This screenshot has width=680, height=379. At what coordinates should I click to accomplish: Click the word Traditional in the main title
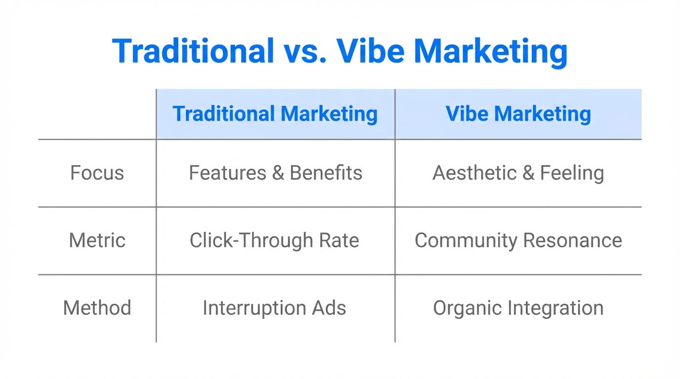(193, 50)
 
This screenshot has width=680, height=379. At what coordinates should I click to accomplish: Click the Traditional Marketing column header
(275, 114)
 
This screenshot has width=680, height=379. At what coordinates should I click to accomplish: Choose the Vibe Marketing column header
(518, 114)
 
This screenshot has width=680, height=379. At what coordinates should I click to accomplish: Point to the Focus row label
(97, 173)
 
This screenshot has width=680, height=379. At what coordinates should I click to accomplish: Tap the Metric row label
(97, 240)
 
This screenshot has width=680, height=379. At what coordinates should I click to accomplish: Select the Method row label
(97, 308)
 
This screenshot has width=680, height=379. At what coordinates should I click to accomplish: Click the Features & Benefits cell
(275, 173)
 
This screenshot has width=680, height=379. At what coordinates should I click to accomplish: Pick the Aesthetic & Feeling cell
(518, 173)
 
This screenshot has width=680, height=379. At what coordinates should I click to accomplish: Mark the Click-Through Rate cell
(274, 240)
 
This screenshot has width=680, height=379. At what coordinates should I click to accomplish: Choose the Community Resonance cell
(518, 240)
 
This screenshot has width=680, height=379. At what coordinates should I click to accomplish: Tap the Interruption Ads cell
(274, 308)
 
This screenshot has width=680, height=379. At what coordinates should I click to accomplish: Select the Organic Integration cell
(518, 308)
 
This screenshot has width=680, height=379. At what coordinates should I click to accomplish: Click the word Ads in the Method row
(329, 308)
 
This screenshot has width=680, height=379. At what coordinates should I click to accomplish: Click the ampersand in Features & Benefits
(277, 173)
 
